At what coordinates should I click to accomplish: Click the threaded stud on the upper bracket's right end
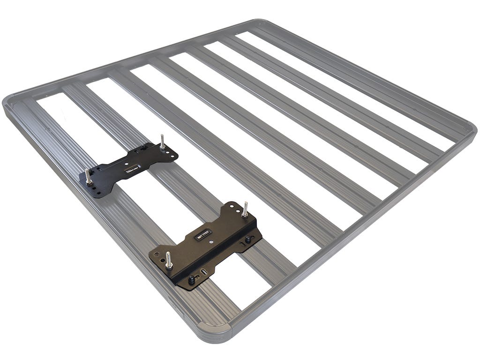[162, 141]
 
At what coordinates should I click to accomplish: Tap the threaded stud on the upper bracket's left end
[88, 175]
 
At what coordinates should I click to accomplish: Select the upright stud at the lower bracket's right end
[245, 210]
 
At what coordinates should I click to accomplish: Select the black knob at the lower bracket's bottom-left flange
[191, 280]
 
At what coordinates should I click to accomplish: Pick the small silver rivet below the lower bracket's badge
[211, 242]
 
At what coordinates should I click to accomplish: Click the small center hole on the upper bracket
[126, 164]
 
